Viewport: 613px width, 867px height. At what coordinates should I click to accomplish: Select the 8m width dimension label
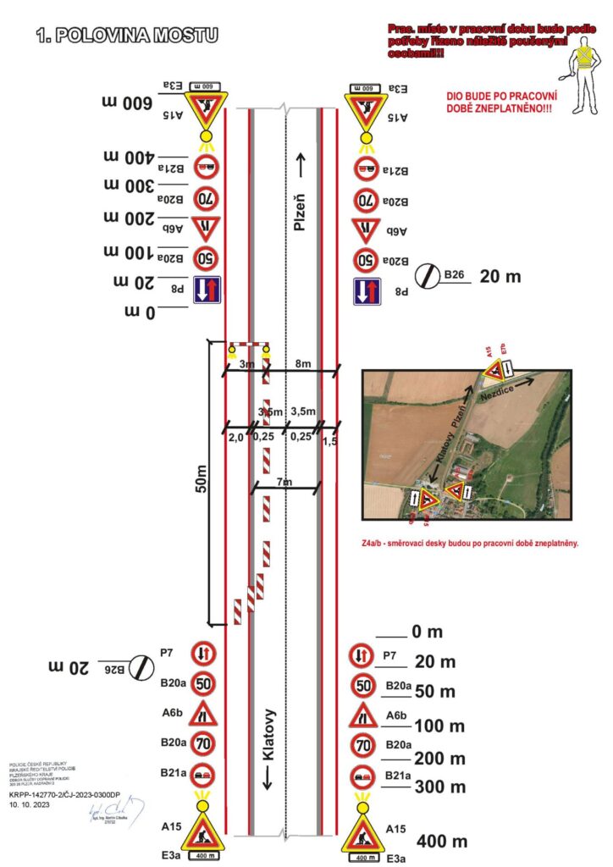tap(301, 364)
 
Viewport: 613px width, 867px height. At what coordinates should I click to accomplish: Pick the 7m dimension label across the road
tap(284, 482)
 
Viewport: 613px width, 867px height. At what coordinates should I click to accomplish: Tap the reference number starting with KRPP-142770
tap(64, 796)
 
